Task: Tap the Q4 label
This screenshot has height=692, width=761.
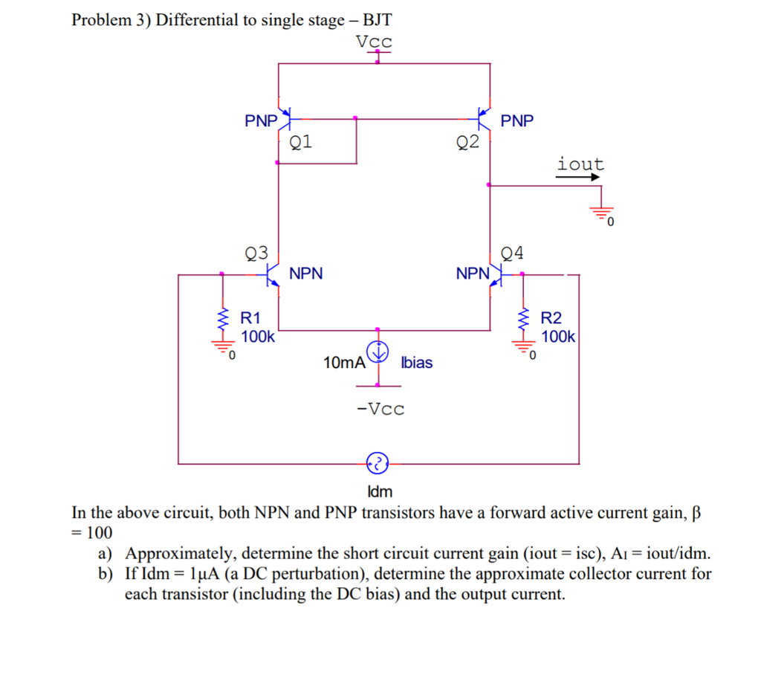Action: [512, 253]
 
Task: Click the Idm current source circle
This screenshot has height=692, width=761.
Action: [378, 464]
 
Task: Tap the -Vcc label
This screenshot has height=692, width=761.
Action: [380, 409]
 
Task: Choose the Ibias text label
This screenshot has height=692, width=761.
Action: [416, 363]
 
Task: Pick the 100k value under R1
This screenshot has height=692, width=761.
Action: [258, 336]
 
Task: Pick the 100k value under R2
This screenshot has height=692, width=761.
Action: [558, 336]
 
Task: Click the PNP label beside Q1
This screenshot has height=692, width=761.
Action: [261, 120]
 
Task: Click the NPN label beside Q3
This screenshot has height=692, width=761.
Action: [306, 274]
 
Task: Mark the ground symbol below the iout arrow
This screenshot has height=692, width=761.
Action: [601, 213]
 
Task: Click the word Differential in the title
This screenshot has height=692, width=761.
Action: [196, 20]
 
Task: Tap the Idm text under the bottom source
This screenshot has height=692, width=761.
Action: [380, 491]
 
